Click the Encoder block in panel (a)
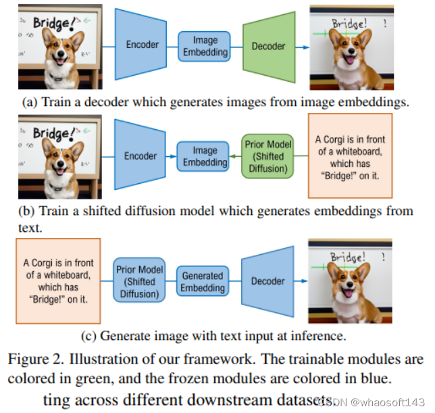(141, 45)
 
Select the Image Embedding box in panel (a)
(205, 45)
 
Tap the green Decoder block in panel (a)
(268, 46)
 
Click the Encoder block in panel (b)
(140, 156)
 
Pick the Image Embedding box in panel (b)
(205, 157)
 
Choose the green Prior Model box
(267, 156)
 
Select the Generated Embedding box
(203, 281)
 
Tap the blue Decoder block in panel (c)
(267, 279)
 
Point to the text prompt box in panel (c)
(58, 280)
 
